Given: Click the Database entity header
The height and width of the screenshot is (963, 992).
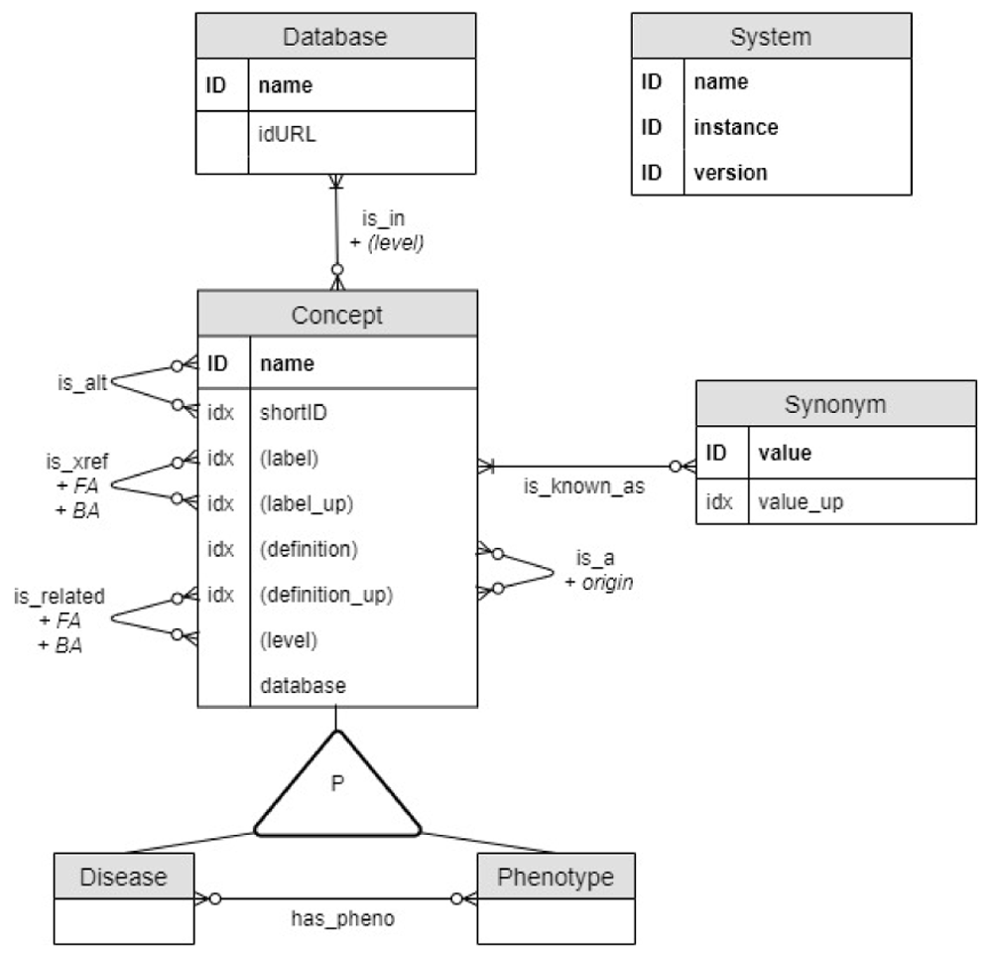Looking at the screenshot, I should pyautogui.click(x=334, y=38).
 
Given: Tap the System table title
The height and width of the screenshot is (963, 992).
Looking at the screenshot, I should pyautogui.click(x=770, y=38).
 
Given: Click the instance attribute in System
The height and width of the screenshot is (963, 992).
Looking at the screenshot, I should pyautogui.click(x=735, y=127).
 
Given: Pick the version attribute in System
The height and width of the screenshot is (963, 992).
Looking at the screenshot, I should pyautogui.click(x=730, y=172).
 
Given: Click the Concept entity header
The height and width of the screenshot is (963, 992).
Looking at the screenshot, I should pyautogui.click(x=336, y=315).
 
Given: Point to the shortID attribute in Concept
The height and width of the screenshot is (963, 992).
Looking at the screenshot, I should pyautogui.click(x=294, y=413).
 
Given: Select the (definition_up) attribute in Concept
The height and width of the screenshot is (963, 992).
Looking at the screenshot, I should pyautogui.click(x=326, y=596).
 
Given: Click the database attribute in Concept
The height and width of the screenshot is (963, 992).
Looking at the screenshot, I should pyautogui.click(x=303, y=685).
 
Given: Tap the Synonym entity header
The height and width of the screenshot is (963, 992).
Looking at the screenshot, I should pyautogui.click(x=834, y=404).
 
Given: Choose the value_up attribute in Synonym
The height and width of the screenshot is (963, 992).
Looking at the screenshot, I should pyautogui.click(x=801, y=502).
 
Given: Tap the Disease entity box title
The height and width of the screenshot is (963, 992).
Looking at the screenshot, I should pyautogui.click(x=123, y=877).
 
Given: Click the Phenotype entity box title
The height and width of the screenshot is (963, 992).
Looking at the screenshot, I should pyautogui.click(x=555, y=877).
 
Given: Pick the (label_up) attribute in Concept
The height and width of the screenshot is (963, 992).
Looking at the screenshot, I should pyautogui.click(x=307, y=503).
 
